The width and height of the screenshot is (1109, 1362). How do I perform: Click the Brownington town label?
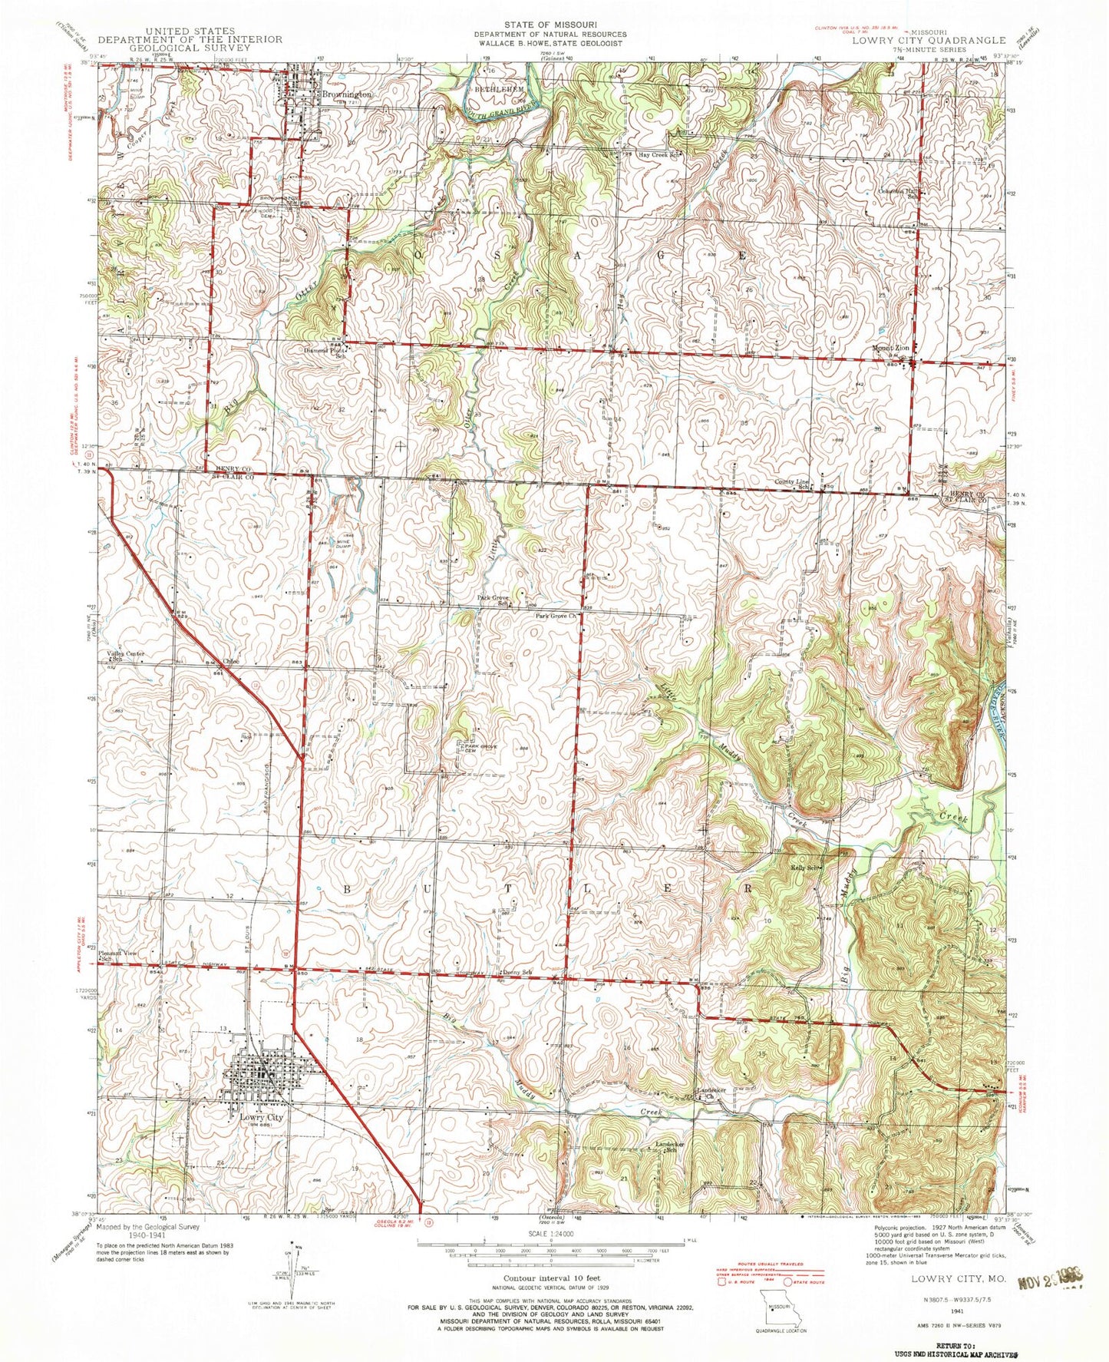point(346,94)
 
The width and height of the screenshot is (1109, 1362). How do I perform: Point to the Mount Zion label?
point(890,349)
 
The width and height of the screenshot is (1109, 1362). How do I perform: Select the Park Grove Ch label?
point(556,616)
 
